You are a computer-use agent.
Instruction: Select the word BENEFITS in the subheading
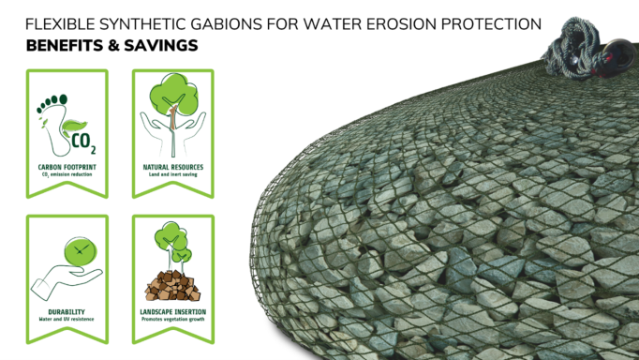(64, 46)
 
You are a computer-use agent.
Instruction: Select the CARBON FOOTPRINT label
(66, 166)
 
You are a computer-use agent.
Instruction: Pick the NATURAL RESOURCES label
(173, 166)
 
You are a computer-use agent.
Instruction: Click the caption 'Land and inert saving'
(173, 174)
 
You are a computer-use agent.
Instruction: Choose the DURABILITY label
(66, 310)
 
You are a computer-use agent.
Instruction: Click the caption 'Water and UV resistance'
(66, 319)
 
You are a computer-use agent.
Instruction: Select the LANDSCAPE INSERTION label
(173, 310)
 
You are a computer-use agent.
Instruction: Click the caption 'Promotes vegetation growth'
(173, 319)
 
